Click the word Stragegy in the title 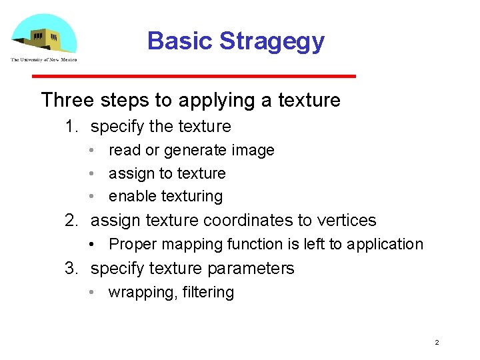[272, 41]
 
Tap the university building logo [43, 35]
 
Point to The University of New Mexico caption [43, 59]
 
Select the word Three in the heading [68, 100]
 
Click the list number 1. [71, 127]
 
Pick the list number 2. [71, 221]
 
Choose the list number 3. [71, 269]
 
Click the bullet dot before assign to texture [95, 174]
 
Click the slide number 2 [437, 343]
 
